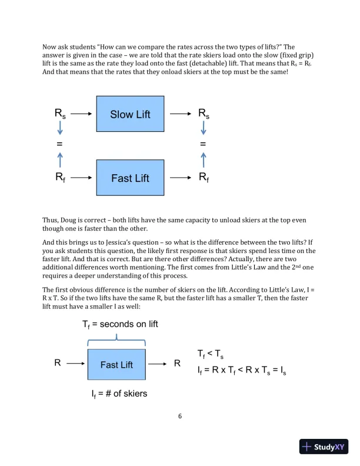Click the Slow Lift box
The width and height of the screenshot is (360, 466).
point(130,114)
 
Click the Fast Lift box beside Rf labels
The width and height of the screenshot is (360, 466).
point(130,178)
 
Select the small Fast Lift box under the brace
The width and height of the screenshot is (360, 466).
point(116,365)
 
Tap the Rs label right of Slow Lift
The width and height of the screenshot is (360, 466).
point(204,114)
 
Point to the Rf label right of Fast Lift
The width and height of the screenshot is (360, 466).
point(204,177)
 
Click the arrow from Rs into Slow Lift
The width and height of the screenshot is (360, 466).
point(82,114)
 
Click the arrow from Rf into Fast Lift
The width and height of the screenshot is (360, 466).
point(82,177)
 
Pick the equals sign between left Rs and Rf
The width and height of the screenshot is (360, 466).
point(59,144)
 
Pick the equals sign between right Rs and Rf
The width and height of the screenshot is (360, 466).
point(203,144)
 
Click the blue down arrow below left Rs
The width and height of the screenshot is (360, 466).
point(59,129)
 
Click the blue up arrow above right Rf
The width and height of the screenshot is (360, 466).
point(203,159)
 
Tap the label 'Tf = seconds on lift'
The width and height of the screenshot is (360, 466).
point(120,324)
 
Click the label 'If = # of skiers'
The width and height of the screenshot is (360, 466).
point(119,394)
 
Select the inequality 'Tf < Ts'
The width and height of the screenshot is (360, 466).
point(210,354)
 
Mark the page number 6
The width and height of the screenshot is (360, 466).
point(180,417)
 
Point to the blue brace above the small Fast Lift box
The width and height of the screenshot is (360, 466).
point(116,339)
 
